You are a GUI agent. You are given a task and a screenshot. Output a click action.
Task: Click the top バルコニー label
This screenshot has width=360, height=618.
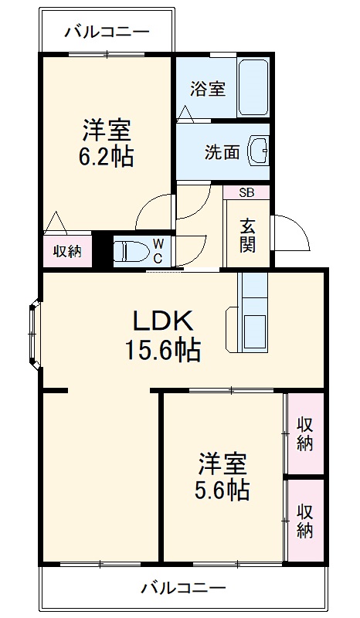(106, 32)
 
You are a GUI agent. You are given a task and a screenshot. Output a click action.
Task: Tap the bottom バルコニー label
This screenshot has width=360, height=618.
(183, 588)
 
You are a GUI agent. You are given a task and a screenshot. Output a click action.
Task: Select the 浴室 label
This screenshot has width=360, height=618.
(209, 88)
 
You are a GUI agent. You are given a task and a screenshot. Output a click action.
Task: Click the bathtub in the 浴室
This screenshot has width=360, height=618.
(253, 87)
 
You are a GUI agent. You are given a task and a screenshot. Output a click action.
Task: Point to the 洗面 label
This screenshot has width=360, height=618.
(222, 152)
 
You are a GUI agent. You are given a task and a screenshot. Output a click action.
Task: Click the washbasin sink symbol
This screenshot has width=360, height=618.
(258, 151)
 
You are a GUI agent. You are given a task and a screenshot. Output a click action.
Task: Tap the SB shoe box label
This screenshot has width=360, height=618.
(246, 193)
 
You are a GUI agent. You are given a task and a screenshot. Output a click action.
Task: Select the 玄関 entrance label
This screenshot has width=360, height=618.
(247, 234)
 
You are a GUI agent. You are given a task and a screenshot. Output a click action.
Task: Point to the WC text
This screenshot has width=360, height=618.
(156, 250)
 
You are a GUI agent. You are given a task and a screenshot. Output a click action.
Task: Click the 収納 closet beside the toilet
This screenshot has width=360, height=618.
(66, 251)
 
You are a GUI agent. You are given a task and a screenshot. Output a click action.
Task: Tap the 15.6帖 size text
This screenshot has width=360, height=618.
(163, 351)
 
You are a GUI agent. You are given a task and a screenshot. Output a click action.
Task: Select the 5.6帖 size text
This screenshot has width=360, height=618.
(222, 490)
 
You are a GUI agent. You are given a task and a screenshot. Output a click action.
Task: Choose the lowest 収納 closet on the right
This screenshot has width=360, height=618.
(305, 520)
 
